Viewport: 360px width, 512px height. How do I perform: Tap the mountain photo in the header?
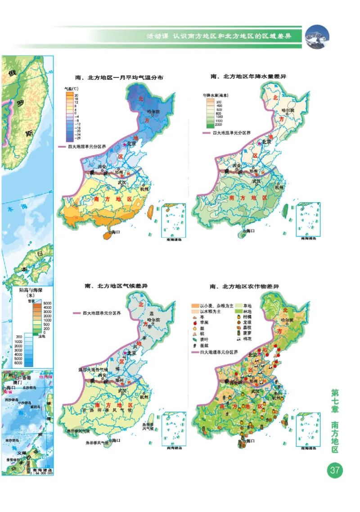tap(317, 36)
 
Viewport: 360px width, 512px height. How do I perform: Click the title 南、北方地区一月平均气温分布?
tap(116, 78)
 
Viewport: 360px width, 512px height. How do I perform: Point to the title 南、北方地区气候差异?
tap(116, 285)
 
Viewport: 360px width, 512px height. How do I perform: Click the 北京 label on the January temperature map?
tap(130, 144)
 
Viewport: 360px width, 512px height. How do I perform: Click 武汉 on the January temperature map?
tap(121, 182)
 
